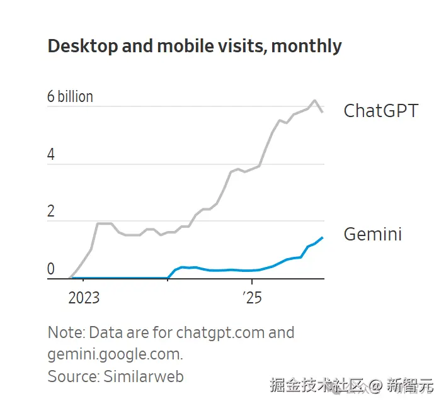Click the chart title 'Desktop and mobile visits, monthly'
click(195, 46)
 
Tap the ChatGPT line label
click(380, 111)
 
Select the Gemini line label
click(372, 234)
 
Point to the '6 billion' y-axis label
click(70, 96)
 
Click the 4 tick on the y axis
click(51, 154)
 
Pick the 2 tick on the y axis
click(51, 211)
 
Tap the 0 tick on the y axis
click(51, 269)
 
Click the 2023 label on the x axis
click(84, 297)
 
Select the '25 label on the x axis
click(251, 297)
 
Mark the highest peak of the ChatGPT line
click(314, 100)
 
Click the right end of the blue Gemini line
click(323, 237)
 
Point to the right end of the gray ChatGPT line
click(323, 112)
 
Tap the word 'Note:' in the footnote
click(66, 332)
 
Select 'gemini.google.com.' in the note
click(115, 354)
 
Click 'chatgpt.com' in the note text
click(220, 332)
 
